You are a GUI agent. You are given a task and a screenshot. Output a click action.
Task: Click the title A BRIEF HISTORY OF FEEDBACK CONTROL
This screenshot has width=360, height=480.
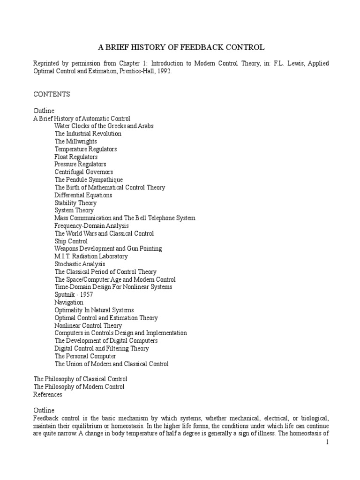pyautogui.click(x=181, y=47)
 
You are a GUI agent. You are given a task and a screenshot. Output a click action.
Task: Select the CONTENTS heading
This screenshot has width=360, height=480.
pyautogui.click(x=52, y=94)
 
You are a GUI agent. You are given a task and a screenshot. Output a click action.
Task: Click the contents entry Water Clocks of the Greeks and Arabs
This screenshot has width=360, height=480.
pyautogui.click(x=104, y=126)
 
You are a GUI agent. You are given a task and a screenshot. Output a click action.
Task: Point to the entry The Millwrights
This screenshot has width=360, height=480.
pyautogui.click(x=76, y=141)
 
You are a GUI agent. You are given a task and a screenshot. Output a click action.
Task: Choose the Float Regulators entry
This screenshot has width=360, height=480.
pyautogui.click(x=76, y=157)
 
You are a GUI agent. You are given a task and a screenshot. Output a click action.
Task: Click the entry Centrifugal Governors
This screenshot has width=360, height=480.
pyautogui.click(x=83, y=172)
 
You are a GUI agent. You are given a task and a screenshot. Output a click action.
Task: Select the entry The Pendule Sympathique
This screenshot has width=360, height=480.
pyautogui.click(x=89, y=180)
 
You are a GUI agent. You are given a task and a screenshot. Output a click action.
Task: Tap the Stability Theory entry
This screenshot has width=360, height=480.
pyautogui.click(x=75, y=203)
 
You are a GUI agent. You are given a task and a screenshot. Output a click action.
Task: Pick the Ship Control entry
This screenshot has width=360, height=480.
pyautogui.click(x=71, y=241)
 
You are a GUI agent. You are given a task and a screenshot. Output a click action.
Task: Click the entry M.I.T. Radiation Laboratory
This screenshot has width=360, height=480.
pyautogui.click(x=91, y=256)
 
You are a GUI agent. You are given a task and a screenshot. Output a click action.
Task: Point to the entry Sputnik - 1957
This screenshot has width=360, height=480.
pyautogui.click(x=74, y=295)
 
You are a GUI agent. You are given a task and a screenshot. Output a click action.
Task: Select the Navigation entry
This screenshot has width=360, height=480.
pyautogui.click(x=69, y=302)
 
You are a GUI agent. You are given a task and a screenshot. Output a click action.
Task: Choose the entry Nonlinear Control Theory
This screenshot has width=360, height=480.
pyautogui.click(x=88, y=325)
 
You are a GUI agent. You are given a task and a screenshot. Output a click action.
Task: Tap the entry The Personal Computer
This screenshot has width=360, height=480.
pyautogui.click(x=85, y=356)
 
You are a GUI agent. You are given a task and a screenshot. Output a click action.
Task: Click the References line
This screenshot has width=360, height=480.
pyautogui.click(x=48, y=394)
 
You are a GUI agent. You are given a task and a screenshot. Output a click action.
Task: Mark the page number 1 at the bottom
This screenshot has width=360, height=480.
pyautogui.click(x=328, y=443)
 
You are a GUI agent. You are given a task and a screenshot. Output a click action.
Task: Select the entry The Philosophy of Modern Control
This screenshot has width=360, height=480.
pyautogui.click(x=79, y=387)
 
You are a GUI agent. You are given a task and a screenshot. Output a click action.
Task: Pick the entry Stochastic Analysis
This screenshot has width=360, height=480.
pyautogui.click(x=80, y=264)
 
